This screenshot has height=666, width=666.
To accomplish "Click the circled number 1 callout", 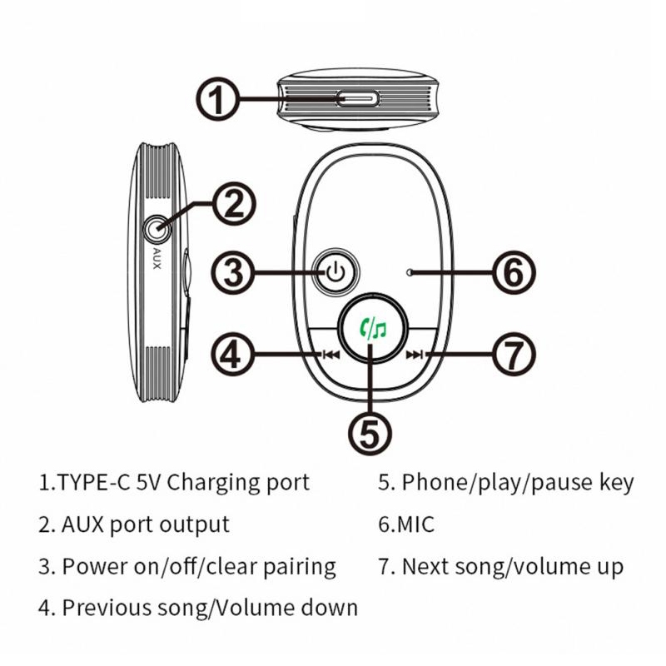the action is [218, 99].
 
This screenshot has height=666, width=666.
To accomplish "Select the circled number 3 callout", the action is [233, 272].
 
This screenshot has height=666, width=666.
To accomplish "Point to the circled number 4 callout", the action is [233, 354].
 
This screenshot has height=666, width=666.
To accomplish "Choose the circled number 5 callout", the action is [370, 433].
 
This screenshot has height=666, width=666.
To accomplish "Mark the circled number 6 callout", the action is [514, 272].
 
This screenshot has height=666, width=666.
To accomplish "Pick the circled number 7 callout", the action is [514, 354].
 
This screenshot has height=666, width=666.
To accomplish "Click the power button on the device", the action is [335, 272].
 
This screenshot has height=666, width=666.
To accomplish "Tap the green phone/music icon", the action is [373, 328].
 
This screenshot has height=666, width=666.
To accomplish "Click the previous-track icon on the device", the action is [331, 355].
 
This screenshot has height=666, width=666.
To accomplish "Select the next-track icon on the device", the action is [415, 355].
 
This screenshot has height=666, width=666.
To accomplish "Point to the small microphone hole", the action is [409, 272].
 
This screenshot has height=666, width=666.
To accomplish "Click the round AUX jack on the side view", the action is [157, 230].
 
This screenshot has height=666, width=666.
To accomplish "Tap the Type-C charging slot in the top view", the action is [358, 99].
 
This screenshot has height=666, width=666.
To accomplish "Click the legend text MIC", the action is [415, 524].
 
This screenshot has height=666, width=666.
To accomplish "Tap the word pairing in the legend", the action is [300, 568].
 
